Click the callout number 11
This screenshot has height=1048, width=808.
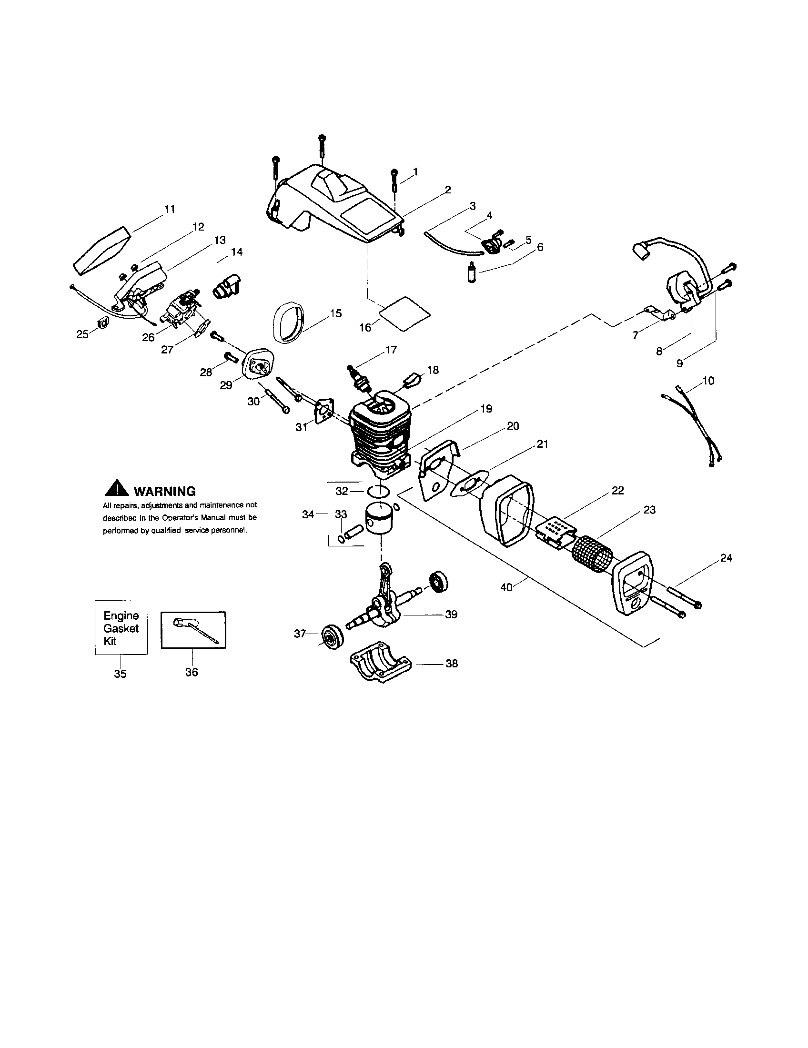click(x=170, y=209)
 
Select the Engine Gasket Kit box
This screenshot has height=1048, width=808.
click(x=121, y=627)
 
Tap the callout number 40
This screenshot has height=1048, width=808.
click(x=506, y=586)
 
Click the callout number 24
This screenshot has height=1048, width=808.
click(x=726, y=558)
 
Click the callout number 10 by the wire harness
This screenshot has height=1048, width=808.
click(x=708, y=381)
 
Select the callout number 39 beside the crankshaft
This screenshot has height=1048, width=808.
click(x=451, y=614)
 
